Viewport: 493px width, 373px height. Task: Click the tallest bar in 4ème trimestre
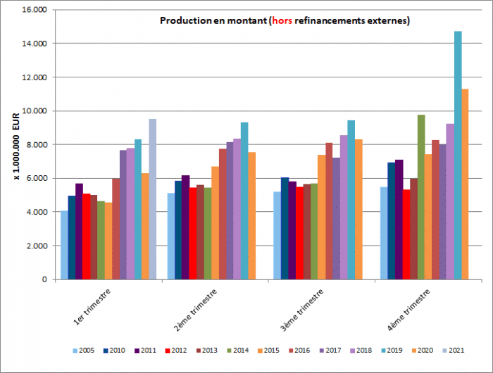tap(458, 155)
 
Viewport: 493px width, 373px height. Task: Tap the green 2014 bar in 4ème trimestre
tap(421, 197)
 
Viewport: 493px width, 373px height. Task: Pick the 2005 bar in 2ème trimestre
tap(171, 236)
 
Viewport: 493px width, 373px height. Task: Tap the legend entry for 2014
tap(238, 350)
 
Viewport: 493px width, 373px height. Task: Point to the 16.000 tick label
tap(35, 10)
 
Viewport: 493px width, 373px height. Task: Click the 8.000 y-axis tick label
tap(36, 145)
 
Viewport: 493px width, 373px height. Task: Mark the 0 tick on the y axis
tap(44, 279)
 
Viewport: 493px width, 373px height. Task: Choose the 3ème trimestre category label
tap(303, 310)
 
